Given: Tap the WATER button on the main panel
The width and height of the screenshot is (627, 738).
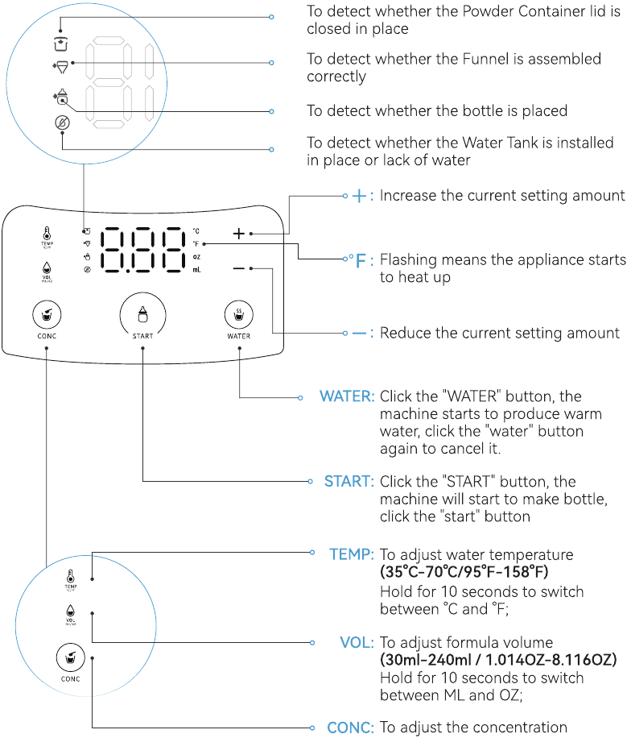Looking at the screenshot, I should (238, 313).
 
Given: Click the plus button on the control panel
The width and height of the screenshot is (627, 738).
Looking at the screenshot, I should (238, 234).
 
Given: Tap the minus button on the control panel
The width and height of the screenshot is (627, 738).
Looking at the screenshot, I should (238, 268).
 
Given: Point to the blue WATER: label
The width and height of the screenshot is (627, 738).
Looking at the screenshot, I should (347, 396).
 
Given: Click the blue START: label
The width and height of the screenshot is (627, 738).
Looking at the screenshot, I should (349, 482).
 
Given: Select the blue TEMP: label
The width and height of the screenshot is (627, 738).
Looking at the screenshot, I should (351, 554).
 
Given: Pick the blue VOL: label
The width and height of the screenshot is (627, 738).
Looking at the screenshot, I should (357, 642).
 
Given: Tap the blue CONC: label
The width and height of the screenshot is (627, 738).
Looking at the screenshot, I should (350, 727).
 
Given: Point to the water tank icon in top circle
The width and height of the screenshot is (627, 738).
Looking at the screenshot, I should (61, 122).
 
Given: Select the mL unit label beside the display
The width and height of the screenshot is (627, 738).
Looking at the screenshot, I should (196, 270).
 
